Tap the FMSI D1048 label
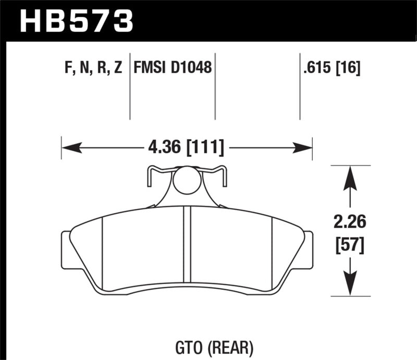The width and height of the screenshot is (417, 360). (173, 68)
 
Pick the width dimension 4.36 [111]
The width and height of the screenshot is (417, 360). (187, 148)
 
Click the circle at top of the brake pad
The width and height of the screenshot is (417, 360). (187, 181)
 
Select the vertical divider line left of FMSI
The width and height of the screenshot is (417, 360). (129, 86)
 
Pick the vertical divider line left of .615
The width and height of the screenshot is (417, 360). (300, 86)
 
